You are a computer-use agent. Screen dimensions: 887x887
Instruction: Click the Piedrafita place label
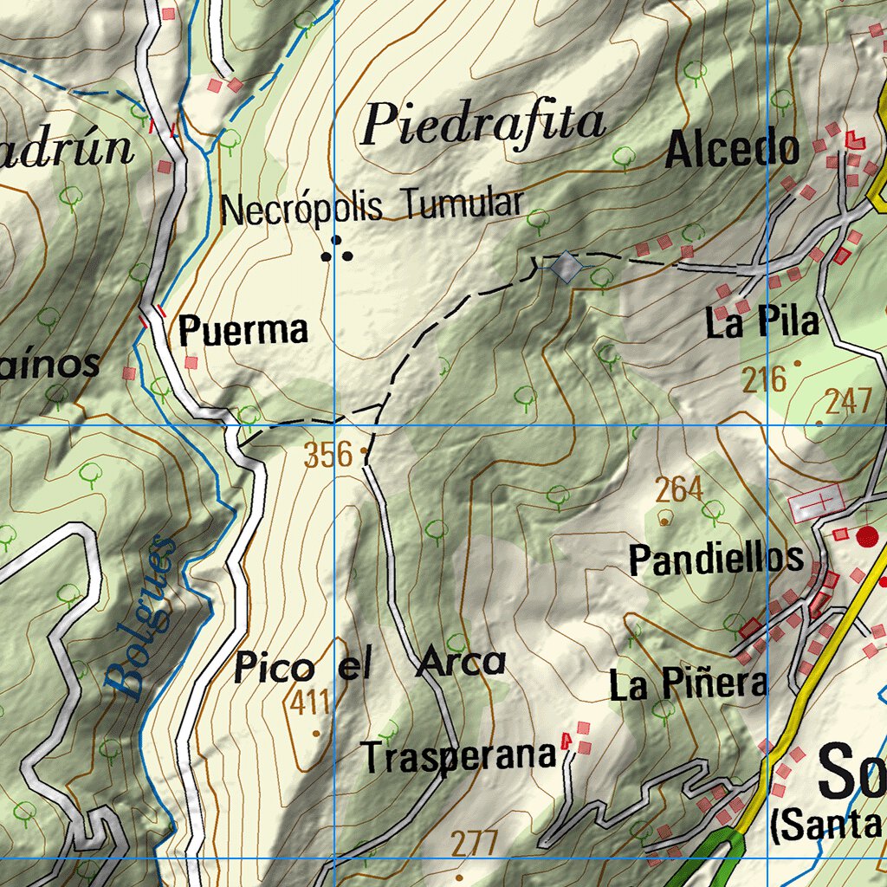(482, 124)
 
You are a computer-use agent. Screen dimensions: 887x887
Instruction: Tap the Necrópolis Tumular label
(372, 208)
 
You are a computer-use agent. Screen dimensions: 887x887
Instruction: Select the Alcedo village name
(732, 151)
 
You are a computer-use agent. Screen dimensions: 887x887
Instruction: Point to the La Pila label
(762, 323)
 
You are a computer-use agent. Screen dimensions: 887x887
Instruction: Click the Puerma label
(243, 330)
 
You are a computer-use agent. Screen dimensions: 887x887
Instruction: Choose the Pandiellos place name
(715, 560)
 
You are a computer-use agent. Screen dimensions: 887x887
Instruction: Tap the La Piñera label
(688, 684)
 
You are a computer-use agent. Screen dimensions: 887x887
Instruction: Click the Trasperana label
(458, 756)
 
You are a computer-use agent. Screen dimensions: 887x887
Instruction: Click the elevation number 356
(328, 455)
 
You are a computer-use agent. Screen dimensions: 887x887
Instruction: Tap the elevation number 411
(310, 702)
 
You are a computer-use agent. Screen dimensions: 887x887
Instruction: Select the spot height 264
(678, 490)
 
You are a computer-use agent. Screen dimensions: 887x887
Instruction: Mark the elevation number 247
(847, 402)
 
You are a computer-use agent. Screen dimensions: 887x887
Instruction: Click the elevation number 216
(764, 379)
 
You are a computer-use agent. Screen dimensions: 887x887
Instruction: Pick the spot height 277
(475, 843)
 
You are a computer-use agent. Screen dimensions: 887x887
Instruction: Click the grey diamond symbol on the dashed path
(566, 266)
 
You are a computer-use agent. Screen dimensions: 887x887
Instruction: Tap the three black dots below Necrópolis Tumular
(337, 250)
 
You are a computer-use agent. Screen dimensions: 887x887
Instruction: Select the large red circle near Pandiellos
(866, 536)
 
